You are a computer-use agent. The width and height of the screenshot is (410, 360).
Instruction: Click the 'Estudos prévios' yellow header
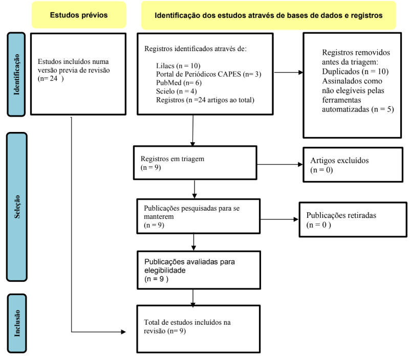pos(79,15)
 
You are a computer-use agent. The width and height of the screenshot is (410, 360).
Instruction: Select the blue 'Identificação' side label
pos(16,75)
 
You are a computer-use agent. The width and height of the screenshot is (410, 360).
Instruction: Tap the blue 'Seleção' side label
pos(17,207)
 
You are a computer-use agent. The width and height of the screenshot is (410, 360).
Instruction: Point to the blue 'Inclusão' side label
pos(17,323)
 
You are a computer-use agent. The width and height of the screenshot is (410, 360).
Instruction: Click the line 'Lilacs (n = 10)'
pos(178,65)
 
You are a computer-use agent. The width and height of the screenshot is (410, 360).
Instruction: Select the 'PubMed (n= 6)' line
pos(179,83)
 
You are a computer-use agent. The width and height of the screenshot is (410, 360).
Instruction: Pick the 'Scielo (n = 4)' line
pos(177,92)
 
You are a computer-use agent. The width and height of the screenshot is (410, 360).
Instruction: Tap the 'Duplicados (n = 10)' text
pos(355,71)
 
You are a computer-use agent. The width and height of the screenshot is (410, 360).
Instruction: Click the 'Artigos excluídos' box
pos(353,165)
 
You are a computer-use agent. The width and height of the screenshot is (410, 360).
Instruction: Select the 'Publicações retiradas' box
pos(353,219)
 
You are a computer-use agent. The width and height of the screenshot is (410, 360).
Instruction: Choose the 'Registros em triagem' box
pos(195,163)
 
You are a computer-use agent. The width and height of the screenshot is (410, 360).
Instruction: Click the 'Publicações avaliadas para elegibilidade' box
pos(199,270)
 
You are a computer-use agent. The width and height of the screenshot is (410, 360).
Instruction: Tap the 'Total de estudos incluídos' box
pos(199,329)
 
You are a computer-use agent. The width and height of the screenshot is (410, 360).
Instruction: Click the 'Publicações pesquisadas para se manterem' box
pos(199,216)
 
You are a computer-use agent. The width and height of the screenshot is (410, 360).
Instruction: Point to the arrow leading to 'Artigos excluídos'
pos(280,164)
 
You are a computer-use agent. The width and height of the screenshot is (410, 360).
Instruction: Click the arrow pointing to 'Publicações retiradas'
pos(279,219)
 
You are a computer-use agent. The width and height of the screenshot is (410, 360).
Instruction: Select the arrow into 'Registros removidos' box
pos(288,73)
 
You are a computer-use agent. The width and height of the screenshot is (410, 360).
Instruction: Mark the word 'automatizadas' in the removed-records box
pos(345,109)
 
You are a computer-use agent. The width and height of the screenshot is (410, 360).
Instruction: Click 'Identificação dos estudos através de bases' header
pos(269,15)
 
